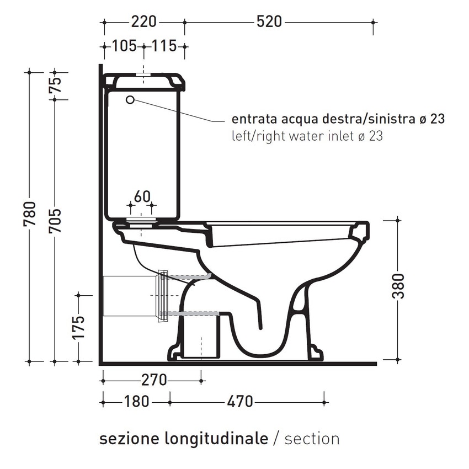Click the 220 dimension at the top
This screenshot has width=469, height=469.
[x=143, y=22]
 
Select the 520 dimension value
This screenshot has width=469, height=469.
[x=269, y=22]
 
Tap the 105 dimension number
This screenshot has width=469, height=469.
[x=124, y=46]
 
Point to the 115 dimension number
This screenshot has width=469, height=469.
[x=164, y=46]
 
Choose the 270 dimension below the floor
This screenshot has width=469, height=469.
[x=154, y=380]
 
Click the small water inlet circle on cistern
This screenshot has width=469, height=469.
[x=130, y=100]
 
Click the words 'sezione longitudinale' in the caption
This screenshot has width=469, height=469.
[x=183, y=439]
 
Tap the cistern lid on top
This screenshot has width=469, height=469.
[x=143, y=81]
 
